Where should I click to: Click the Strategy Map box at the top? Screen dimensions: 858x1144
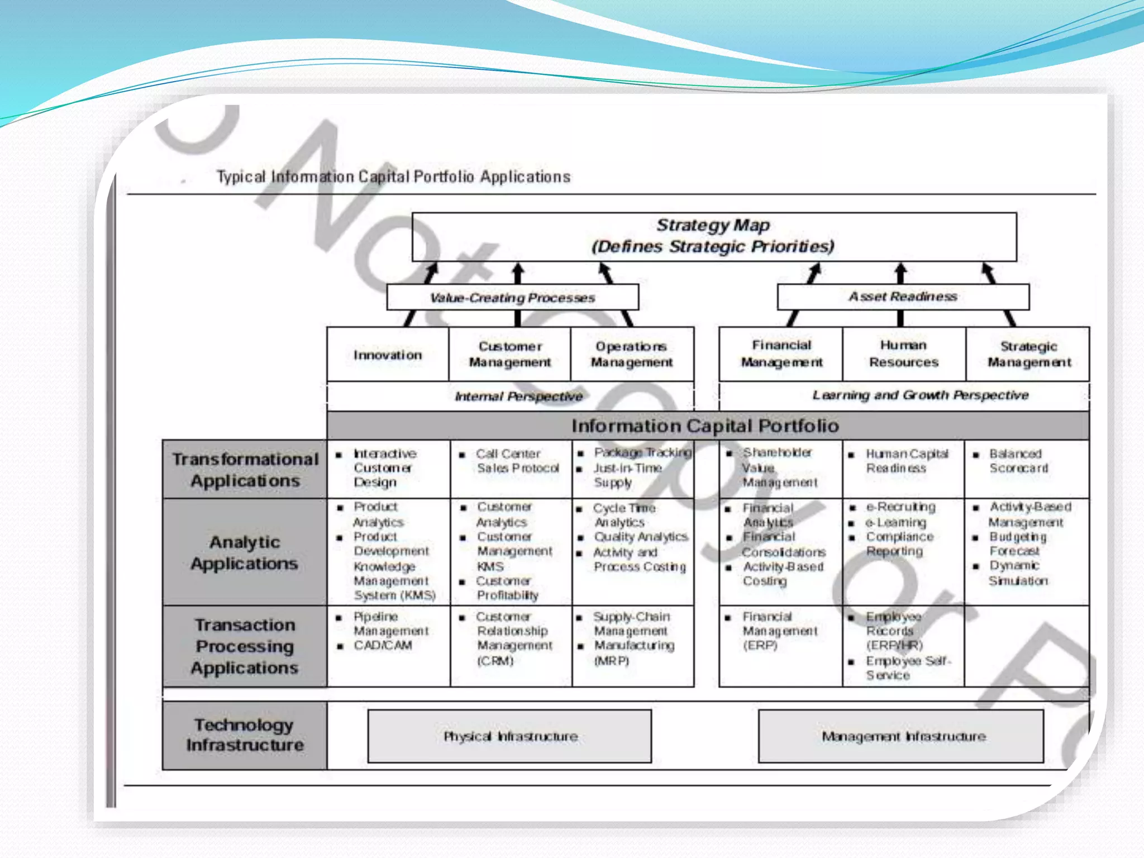714,236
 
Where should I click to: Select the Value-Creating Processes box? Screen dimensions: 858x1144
512,297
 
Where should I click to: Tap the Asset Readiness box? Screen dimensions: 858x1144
903,297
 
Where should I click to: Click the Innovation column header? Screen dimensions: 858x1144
388,355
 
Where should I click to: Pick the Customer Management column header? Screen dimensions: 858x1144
510,354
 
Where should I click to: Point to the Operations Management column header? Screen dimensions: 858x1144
632,354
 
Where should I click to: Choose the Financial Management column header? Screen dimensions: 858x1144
781,354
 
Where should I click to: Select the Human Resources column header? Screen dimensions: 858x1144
903,354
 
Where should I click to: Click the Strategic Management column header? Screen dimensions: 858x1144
1028,354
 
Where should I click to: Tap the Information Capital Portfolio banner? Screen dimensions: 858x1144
705,426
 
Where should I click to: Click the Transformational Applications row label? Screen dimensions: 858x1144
245,470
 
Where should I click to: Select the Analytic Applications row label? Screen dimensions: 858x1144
245,552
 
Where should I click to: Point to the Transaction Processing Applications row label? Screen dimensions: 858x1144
245,646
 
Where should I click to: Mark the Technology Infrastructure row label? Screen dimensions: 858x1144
245,735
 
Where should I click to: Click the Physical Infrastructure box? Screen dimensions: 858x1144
510,736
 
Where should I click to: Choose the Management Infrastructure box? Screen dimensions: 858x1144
903,736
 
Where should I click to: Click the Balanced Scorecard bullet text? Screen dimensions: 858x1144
1018,461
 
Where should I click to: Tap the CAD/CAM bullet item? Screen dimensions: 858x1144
383,646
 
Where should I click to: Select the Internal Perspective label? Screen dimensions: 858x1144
518,397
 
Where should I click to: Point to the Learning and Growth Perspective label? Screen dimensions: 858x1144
920,395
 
